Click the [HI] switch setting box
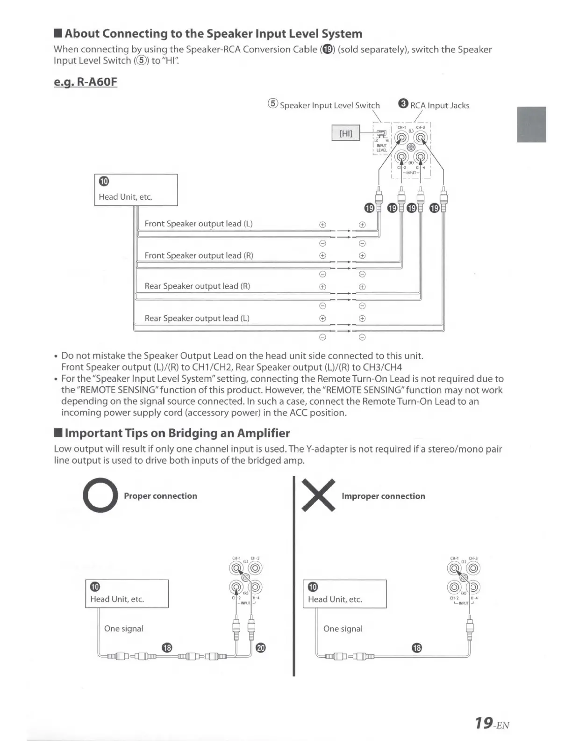pyautogui.click(x=346, y=133)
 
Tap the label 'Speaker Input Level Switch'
pyautogui.click(x=329, y=105)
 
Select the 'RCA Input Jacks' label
pyautogui.click(x=439, y=105)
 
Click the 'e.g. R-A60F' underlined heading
pyautogui.click(x=86, y=82)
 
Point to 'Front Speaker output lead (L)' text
pyautogui.click(x=199, y=224)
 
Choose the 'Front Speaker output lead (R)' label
pyautogui.click(x=199, y=255)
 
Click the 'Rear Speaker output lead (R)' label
pyautogui.click(x=197, y=286)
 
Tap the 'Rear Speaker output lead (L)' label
pyautogui.click(x=197, y=318)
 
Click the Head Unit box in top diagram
pyautogui.click(x=136, y=190)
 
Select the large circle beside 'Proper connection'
pyautogui.click(x=100, y=495)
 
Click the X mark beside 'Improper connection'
pyautogui.click(x=319, y=495)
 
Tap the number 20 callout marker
pyautogui.click(x=261, y=648)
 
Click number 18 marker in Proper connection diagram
pyautogui.click(x=167, y=647)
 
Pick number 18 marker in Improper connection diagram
pyautogui.click(x=417, y=648)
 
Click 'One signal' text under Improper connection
pyautogui.click(x=343, y=629)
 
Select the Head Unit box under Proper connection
pyautogui.click(x=127, y=594)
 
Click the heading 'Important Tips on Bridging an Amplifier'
pyautogui.click(x=177, y=433)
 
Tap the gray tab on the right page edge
pyautogui.click(x=531, y=124)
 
